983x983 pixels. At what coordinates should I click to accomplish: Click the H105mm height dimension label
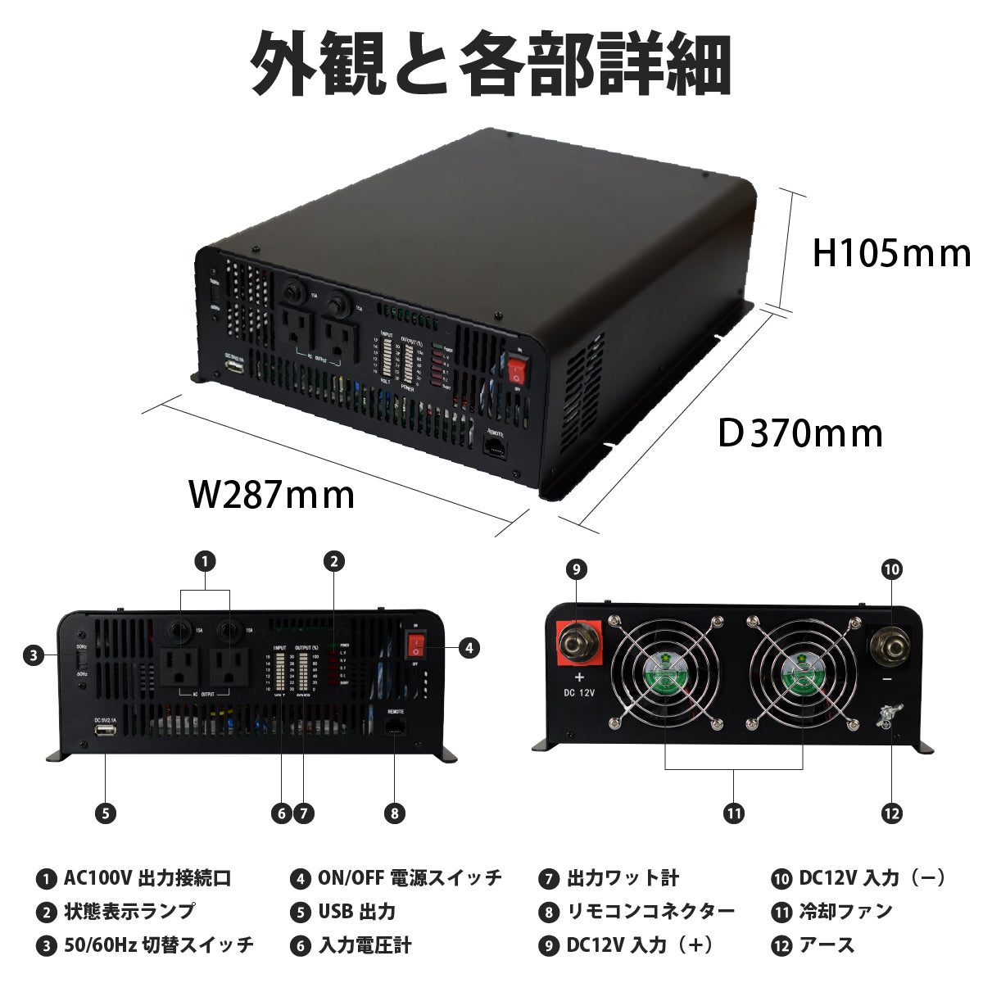(x=890, y=253)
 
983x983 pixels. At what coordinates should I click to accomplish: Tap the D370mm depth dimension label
(x=800, y=433)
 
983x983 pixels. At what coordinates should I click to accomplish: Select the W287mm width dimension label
(x=272, y=494)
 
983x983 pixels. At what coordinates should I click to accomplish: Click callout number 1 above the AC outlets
(x=205, y=561)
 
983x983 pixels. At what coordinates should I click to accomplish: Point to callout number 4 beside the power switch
(x=468, y=648)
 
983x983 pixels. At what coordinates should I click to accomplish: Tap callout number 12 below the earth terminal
(x=891, y=813)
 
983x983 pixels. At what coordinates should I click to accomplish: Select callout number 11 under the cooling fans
(x=733, y=813)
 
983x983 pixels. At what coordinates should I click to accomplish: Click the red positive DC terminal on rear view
(x=578, y=645)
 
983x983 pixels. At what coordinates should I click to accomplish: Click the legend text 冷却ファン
(x=845, y=911)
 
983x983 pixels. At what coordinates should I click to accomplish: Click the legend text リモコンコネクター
(x=651, y=911)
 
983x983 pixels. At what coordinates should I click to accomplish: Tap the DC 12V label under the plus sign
(x=580, y=692)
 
